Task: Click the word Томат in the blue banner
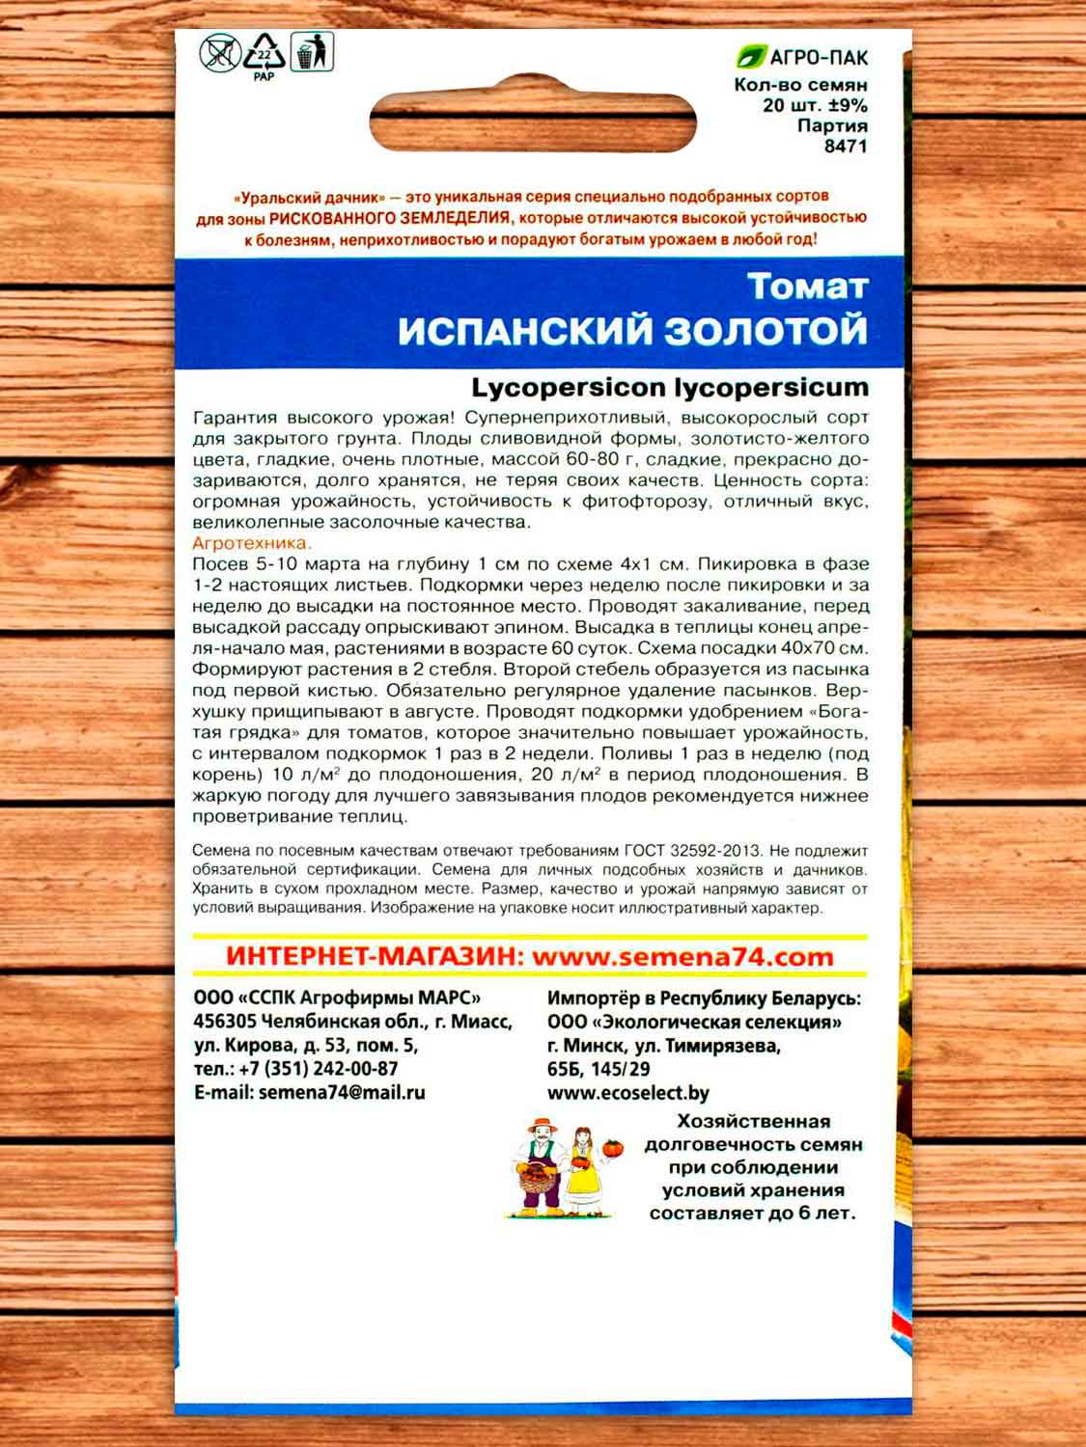(807, 287)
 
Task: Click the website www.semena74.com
(682, 957)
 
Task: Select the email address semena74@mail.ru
(342, 1093)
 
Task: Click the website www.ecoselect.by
(627, 1093)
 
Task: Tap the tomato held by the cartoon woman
(612, 1148)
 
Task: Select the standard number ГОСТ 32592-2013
(697, 852)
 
